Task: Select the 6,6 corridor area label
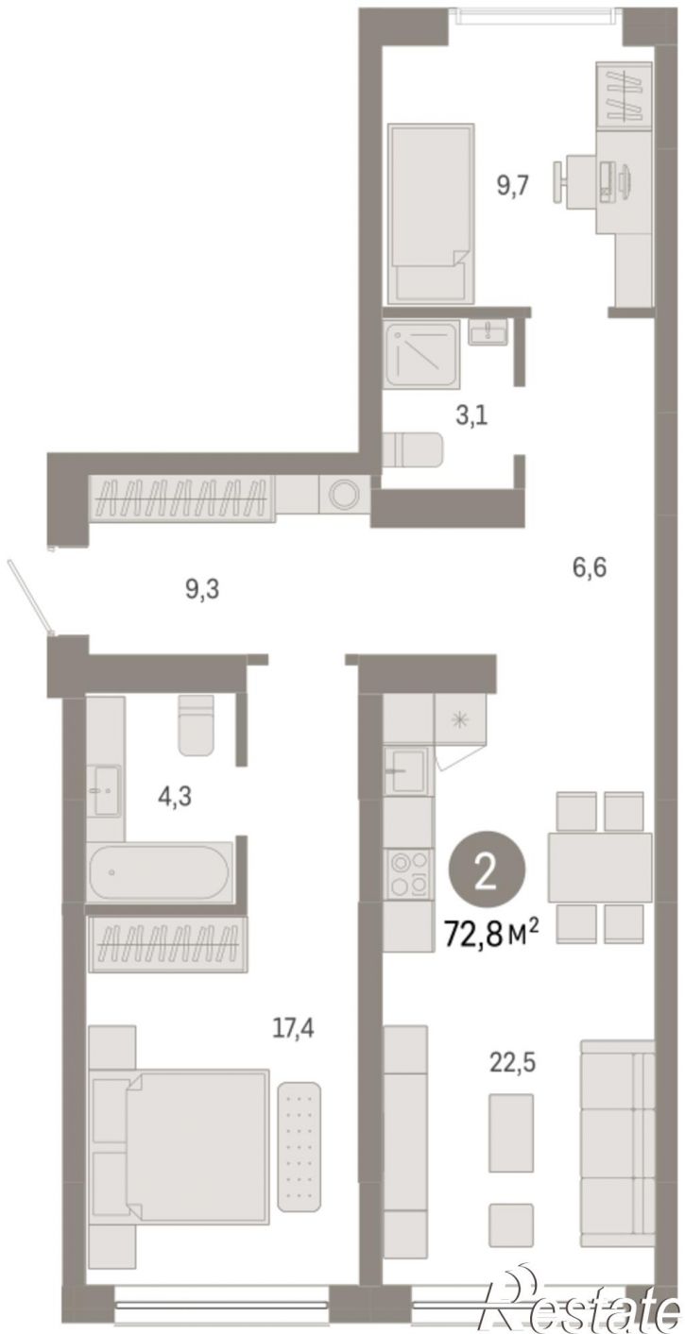point(589,566)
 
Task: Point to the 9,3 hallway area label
point(202,589)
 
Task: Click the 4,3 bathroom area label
point(175,796)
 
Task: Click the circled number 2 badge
point(488,876)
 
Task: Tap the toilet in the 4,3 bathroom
point(197,724)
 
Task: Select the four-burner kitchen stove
point(408,874)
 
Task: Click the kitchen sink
point(406,771)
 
